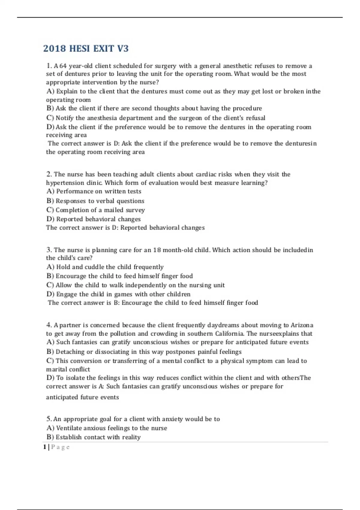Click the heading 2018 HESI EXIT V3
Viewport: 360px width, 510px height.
coord(86,49)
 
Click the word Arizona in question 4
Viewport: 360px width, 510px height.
coord(302,325)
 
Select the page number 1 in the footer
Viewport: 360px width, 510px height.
coord(45,447)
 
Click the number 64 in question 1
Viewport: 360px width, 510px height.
coord(63,66)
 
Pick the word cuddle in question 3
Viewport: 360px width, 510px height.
coord(94,267)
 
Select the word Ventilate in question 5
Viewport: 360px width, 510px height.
coord(69,428)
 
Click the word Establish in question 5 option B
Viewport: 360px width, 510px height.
coord(68,437)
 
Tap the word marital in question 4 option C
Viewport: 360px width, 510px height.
coord(56,369)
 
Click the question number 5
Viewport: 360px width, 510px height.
coord(49,419)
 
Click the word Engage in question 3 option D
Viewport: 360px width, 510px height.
coord(67,294)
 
